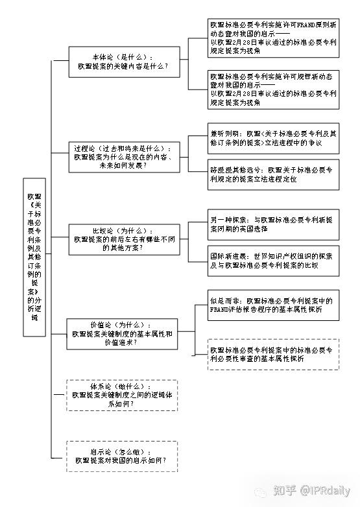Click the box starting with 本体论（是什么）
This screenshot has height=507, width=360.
(124, 62)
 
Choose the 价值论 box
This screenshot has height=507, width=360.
(124, 333)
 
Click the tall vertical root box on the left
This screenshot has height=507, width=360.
(34, 257)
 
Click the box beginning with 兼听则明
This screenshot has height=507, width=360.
(273, 137)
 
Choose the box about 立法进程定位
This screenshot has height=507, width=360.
(273, 174)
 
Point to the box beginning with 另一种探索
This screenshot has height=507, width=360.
(273, 224)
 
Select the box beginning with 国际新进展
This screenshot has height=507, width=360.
(273, 261)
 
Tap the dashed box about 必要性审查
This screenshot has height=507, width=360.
(273, 354)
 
